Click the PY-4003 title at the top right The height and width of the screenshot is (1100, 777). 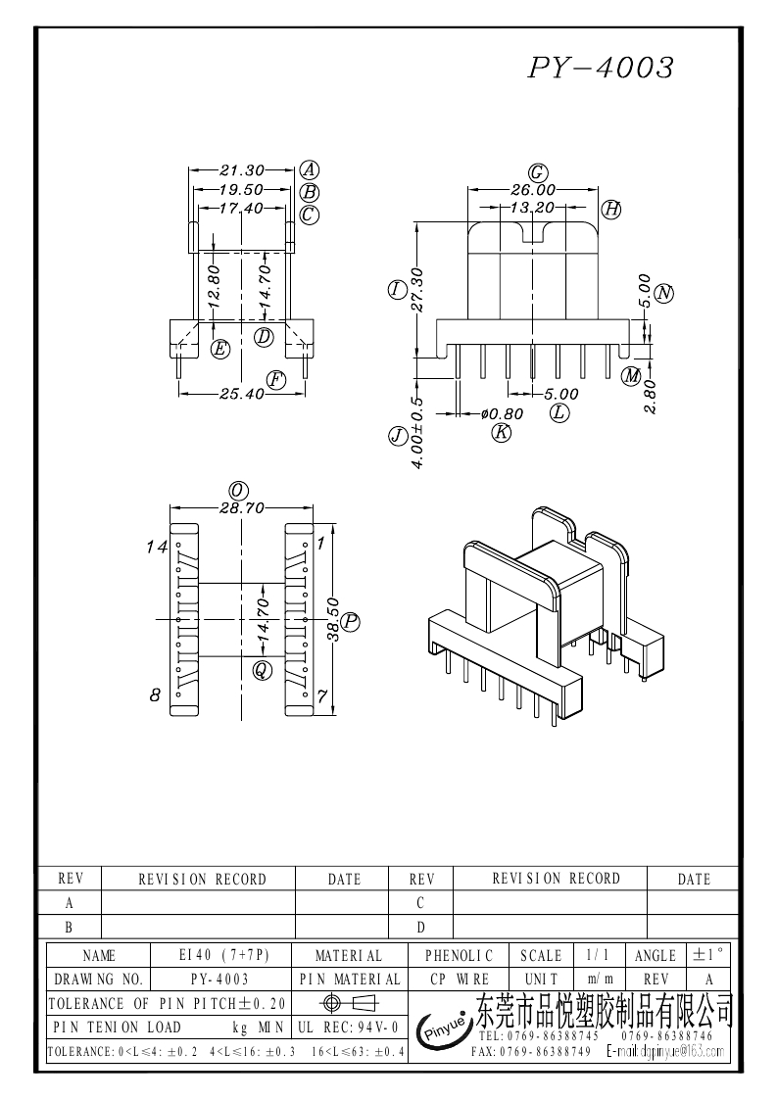coord(602,67)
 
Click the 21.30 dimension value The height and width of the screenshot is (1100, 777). coord(242,169)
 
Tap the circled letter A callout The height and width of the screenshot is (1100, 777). coord(308,168)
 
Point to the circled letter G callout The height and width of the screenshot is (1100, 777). coord(537,172)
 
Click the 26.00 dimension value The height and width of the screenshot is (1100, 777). coord(533,189)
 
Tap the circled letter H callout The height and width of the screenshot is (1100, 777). coord(611,208)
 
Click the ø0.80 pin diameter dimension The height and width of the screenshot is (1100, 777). coord(502,413)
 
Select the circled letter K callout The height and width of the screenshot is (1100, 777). coord(502,432)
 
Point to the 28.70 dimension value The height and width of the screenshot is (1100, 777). coord(241,509)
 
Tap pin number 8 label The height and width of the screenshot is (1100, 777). coord(155,695)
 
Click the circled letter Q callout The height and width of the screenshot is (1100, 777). coord(262,670)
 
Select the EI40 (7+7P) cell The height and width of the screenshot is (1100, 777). coord(223,955)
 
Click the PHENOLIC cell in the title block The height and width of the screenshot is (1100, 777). coord(460,955)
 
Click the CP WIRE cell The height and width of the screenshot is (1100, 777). coord(460,979)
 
